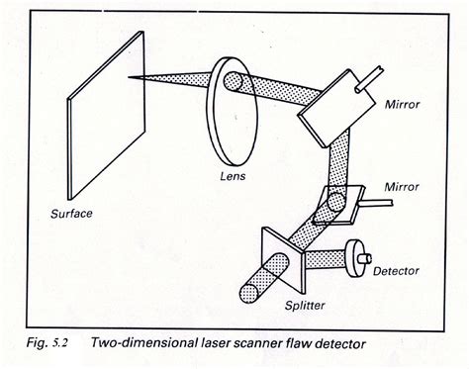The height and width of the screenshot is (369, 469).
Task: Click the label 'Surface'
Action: pos(71,214)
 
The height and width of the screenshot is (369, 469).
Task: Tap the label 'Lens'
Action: pos(233,176)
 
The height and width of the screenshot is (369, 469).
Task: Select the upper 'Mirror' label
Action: pos(403,104)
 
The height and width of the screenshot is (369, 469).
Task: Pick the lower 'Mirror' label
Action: pos(402,187)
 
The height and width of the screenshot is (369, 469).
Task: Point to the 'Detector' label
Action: pos(396,271)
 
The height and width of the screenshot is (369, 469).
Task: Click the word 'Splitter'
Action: pos(305,306)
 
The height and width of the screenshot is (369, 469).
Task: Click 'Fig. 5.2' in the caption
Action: pos(47,343)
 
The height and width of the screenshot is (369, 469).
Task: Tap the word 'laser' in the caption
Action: pos(215,343)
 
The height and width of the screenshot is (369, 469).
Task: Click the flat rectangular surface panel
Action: pos(106,116)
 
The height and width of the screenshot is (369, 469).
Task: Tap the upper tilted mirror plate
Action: pos(336,108)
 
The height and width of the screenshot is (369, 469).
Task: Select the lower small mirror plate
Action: pos(338,205)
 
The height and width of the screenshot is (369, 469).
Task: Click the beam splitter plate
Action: pos(283,260)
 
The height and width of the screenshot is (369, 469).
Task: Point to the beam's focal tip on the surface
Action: pos(129,77)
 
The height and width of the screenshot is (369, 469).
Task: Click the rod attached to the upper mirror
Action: pos(369,79)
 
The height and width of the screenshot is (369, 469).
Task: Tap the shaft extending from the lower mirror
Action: pos(376,202)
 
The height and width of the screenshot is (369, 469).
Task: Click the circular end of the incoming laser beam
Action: pos(249,294)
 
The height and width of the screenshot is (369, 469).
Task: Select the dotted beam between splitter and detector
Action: pos(326,259)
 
